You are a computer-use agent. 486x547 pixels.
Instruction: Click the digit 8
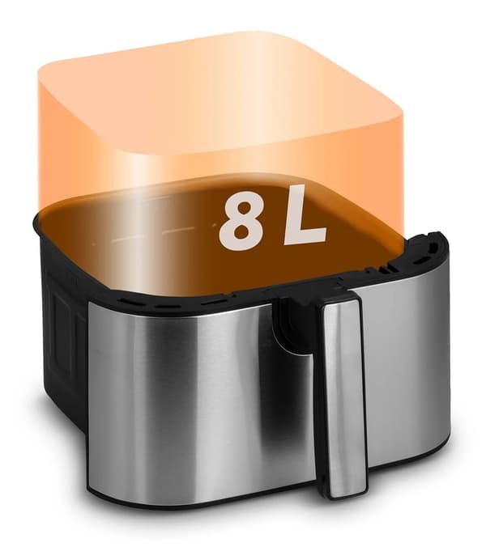(x=241, y=221)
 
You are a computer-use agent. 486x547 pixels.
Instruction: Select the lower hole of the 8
(x=241, y=232)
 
